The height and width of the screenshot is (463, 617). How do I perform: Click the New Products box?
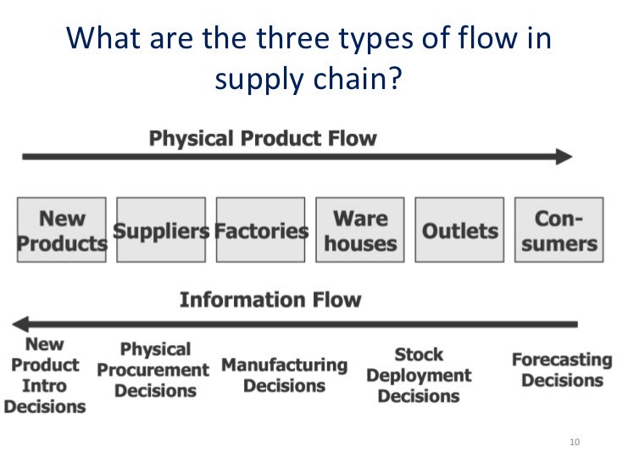pyautogui.click(x=62, y=230)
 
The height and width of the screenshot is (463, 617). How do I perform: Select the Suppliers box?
pyautogui.click(x=161, y=230)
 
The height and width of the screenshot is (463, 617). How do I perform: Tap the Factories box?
pyautogui.click(x=261, y=230)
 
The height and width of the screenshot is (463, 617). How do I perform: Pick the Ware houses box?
pyautogui.click(x=360, y=230)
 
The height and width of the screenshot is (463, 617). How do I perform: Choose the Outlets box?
pyautogui.click(x=460, y=230)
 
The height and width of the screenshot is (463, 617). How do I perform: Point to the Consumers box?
pyautogui.click(x=559, y=230)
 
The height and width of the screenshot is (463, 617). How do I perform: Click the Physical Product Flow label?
pyautogui.click(x=263, y=138)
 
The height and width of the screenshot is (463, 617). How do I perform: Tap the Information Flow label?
pyautogui.click(x=270, y=299)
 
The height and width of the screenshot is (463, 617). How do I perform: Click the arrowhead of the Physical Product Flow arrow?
pyautogui.click(x=564, y=157)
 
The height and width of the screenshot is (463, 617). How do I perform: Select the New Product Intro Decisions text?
pyautogui.click(x=44, y=375)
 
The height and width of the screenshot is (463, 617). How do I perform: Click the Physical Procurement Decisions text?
pyautogui.click(x=153, y=370)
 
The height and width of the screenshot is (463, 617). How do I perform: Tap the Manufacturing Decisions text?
pyautogui.click(x=284, y=375)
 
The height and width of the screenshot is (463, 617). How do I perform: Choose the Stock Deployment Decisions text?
pyautogui.click(x=419, y=375)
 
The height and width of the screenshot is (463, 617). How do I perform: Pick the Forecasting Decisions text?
pyautogui.click(x=561, y=370)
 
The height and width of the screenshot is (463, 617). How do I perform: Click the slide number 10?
pyautogui.click(x=575, y=443)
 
